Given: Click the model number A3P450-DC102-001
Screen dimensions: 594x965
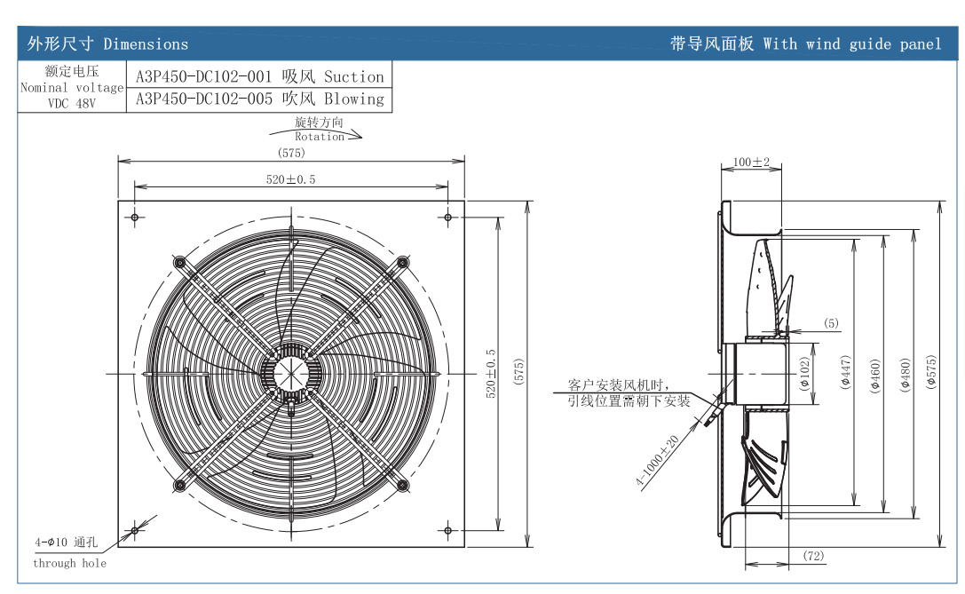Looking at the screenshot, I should [x=203, y=76].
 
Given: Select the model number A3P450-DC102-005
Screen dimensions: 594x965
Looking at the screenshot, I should [x=203, y=99].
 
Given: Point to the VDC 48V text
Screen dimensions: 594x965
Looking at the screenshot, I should [x=71, y=103].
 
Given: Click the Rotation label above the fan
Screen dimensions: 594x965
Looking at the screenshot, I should [x=320, y=137].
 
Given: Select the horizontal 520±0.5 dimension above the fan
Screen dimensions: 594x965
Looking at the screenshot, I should [x=290, y=179].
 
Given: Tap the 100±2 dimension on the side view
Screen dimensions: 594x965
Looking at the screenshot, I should [x=752, y=162].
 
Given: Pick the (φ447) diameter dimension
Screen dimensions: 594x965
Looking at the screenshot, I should [x=845, y=373].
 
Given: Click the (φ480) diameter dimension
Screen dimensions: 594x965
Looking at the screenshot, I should [x=906, y=373].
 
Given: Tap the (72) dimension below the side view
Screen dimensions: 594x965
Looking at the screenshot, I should [x=813, y=556].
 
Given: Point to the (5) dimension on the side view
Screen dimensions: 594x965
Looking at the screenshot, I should [x=830, y=323].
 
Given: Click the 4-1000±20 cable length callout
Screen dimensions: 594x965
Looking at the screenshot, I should [x=657, y=461].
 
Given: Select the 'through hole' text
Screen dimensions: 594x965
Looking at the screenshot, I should [x=69, y=563].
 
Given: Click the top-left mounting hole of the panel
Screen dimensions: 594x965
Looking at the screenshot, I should [x=134, y=217].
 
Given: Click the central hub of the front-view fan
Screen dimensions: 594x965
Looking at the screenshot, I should [x=290, y=373].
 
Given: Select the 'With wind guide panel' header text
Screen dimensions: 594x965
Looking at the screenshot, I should [x=851, y=44].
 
